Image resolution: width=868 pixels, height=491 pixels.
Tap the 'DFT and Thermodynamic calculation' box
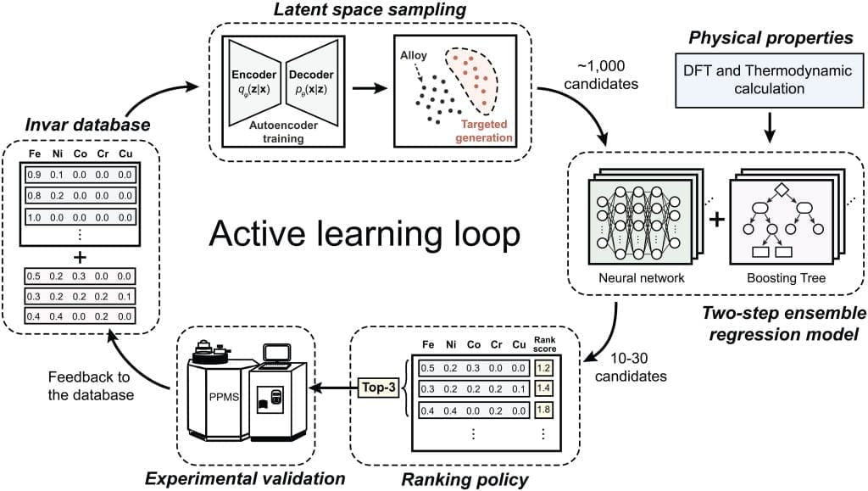(769, 81)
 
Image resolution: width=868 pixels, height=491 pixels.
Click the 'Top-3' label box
(379, 388)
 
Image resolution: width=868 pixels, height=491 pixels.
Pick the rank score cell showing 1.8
(543, 410)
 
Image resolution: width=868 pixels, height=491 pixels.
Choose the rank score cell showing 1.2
(543, 367)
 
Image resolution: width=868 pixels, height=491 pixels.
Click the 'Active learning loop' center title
(364, 233)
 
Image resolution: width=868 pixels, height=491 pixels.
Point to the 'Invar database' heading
(87, 125)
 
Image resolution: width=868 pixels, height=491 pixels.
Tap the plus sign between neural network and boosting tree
(717, 220)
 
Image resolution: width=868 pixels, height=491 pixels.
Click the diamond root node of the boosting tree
(781, 189)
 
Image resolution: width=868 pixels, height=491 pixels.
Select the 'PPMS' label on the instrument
(224, 396)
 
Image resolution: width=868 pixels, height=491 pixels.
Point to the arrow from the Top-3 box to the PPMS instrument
(333, 388)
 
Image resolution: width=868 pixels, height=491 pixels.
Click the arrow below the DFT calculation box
(769, 128)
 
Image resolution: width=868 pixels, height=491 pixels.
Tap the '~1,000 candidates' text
(601, 75)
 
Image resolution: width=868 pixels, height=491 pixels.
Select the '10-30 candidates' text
(630, 367)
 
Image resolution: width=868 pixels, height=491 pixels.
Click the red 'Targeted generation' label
(484, 131)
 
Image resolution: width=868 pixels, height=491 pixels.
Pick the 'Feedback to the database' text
(90, 386)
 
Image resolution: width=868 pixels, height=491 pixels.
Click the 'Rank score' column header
(544, 343)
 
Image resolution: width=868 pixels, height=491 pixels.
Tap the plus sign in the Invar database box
(81, 258)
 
